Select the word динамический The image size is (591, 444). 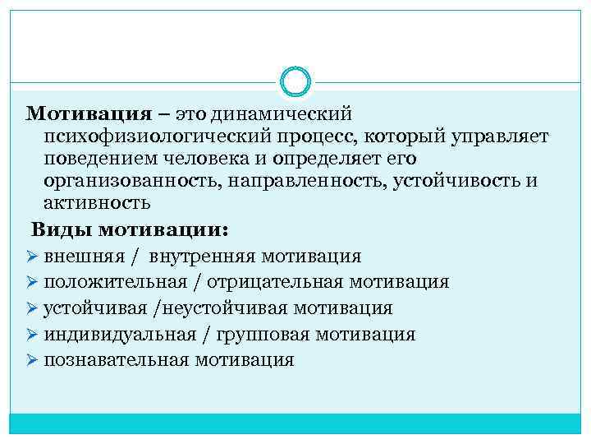(x=281, y=111)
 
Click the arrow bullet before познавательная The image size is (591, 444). (x=33, y=359)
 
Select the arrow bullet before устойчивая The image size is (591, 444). (x=33, y=308)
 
